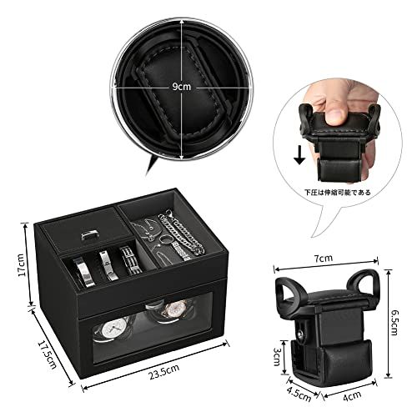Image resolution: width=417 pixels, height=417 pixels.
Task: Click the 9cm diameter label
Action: (x=182, y=87)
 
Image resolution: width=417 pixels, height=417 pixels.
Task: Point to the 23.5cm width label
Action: (x=163, y=372)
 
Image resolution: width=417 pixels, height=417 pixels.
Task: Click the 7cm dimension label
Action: (x=324, y=259)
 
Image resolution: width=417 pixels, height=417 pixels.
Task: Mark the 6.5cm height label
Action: (x=395, y=323)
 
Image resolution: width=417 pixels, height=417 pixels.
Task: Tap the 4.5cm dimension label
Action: (x=299, y=393)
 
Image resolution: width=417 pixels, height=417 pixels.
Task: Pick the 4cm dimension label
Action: (x=352, y=396)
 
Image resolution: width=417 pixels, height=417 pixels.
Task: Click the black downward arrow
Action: (x=299, y=155)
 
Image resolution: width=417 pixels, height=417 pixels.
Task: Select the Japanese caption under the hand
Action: (x=337, y=193)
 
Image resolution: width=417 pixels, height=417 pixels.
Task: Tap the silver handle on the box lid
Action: (x=90, y=236)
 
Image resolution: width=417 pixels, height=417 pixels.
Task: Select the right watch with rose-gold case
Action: (x=173, y=310)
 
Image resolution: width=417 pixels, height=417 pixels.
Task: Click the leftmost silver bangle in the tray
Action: (x=83, y=273)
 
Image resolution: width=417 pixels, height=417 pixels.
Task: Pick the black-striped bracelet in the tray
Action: (x=130, y=260)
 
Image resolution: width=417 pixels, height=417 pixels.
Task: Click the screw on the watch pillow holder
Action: (x=302, y=334)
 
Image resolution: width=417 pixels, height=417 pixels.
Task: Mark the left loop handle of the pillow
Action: (x=289, y=293)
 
